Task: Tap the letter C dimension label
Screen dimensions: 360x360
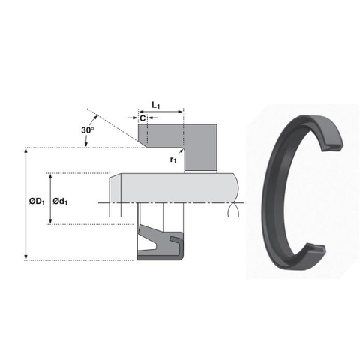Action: click(142, 118)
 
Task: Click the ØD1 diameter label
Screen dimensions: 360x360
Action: click(37, 202)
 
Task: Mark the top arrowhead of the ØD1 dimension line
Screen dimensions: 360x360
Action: click(28, 151)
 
